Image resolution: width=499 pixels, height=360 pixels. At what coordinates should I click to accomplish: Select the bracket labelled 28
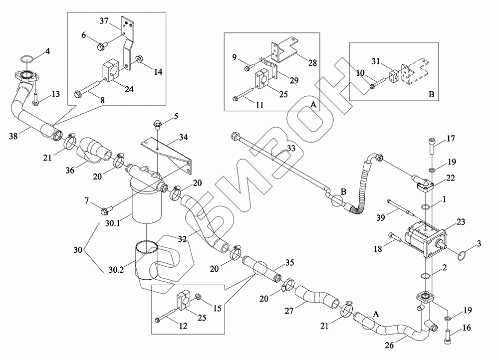pyautogui.click(x=280, y=51)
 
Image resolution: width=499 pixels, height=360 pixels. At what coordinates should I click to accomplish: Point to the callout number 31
pyautogui.click(x=376, y=61)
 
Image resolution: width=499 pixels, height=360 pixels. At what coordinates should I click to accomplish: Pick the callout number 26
pyautogui.click(x=396, y=345)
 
